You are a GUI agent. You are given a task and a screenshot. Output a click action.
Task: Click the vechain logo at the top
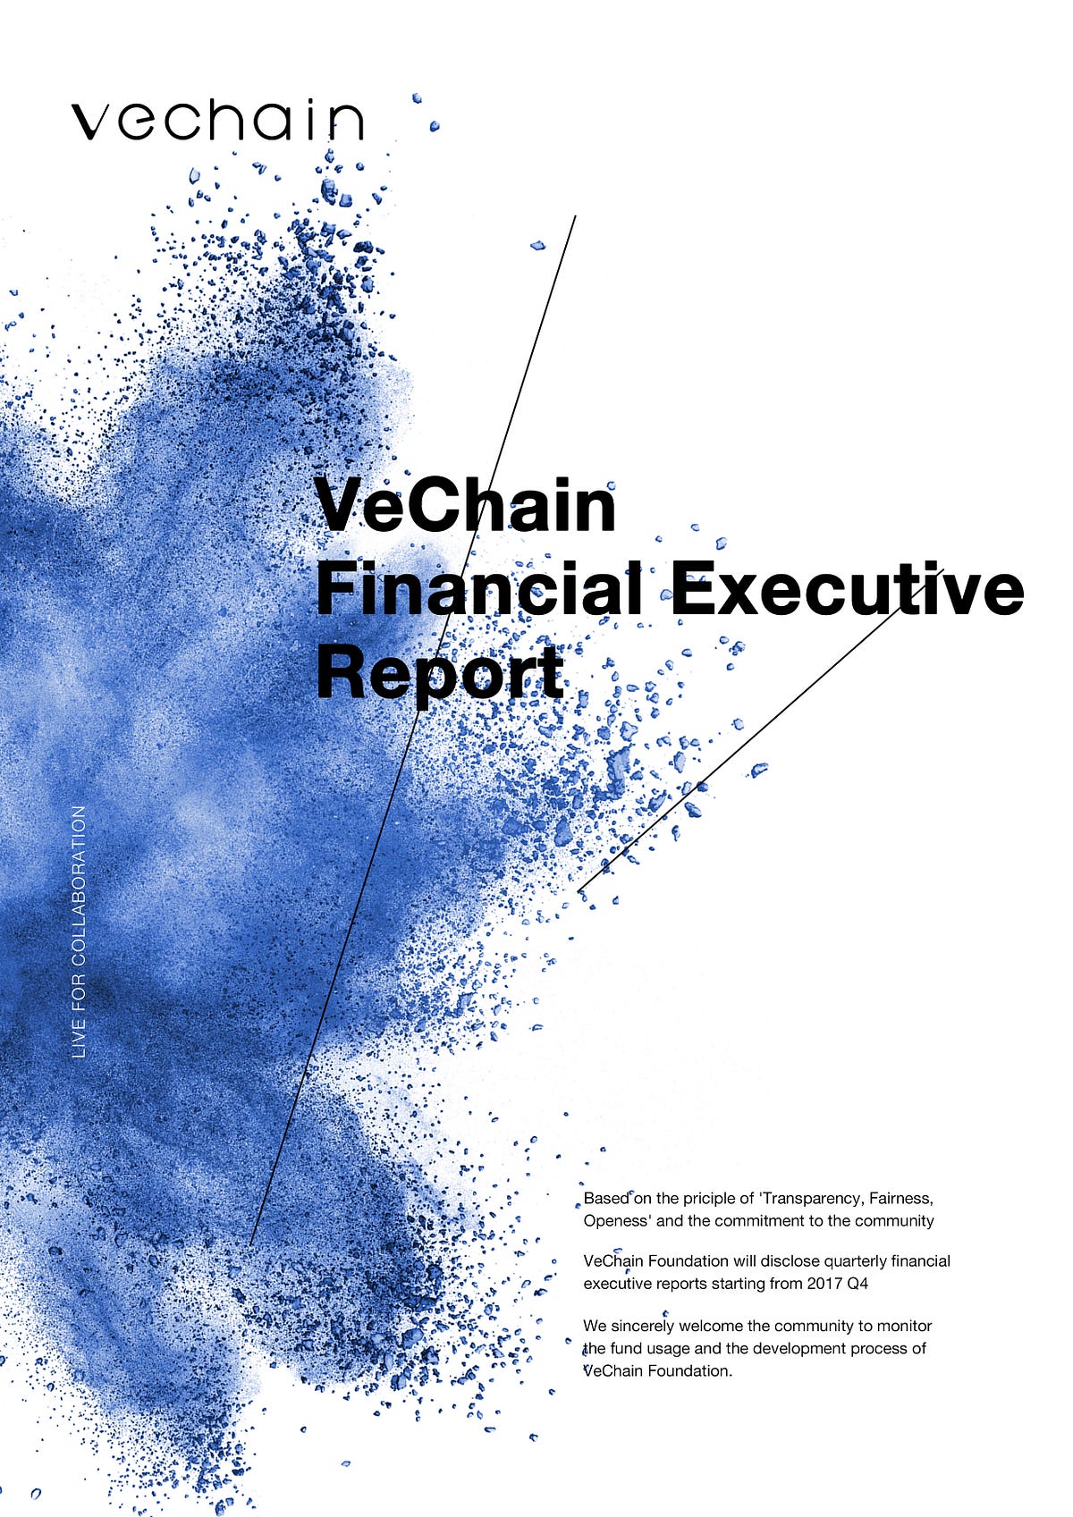217,120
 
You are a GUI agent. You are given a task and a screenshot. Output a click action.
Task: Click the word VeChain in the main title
466,506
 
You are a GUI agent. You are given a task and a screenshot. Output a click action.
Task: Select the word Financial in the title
478,590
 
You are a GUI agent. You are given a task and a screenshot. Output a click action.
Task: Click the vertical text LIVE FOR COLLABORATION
80,932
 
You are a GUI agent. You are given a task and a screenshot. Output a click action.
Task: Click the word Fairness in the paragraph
900,1198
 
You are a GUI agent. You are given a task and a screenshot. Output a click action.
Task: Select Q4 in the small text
858,1284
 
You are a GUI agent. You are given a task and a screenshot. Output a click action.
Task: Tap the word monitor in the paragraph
904,1326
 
